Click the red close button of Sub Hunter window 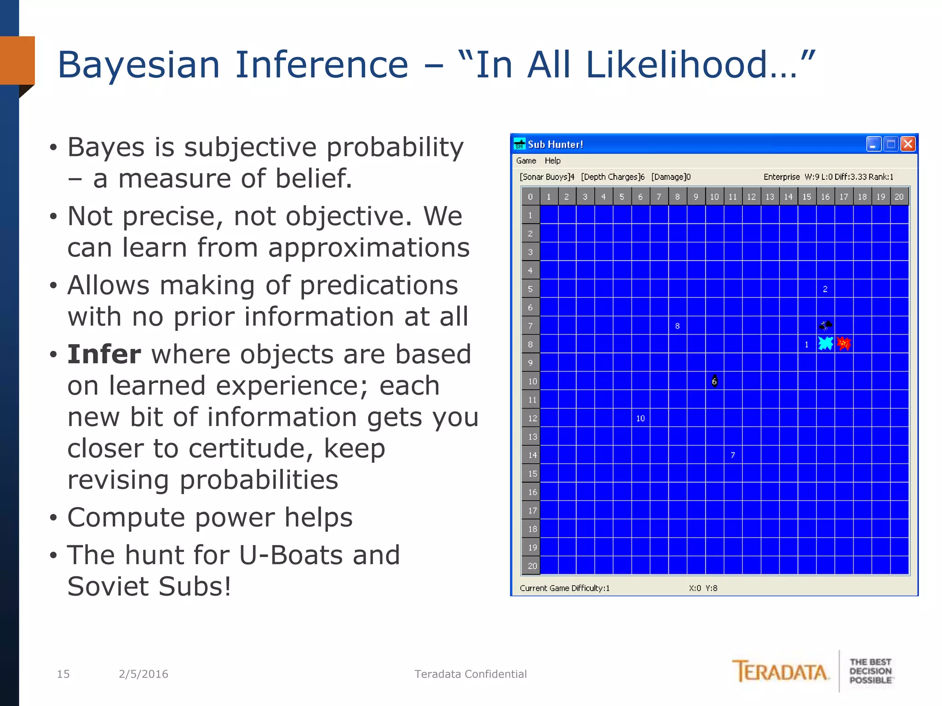click(908, 144)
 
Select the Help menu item click(552, 161)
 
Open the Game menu click(526, 161)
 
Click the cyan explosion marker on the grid click(825, 343)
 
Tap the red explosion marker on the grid click(844, 343)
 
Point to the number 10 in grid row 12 click(640, 418)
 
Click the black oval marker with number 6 click(714, 381)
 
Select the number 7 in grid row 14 click(733, 455)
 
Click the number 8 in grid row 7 click(677, 326)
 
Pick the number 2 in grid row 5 click(825, 289)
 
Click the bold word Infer click(104, 354)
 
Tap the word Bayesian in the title click(140, 65)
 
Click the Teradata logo click(781, 672)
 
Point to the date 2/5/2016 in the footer click(144, 674)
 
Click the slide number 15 click(63, 674)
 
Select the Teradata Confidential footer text click(470, 674)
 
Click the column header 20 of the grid click(899, 197)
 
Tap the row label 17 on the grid click(532, 511)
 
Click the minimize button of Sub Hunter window click(873, 144)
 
